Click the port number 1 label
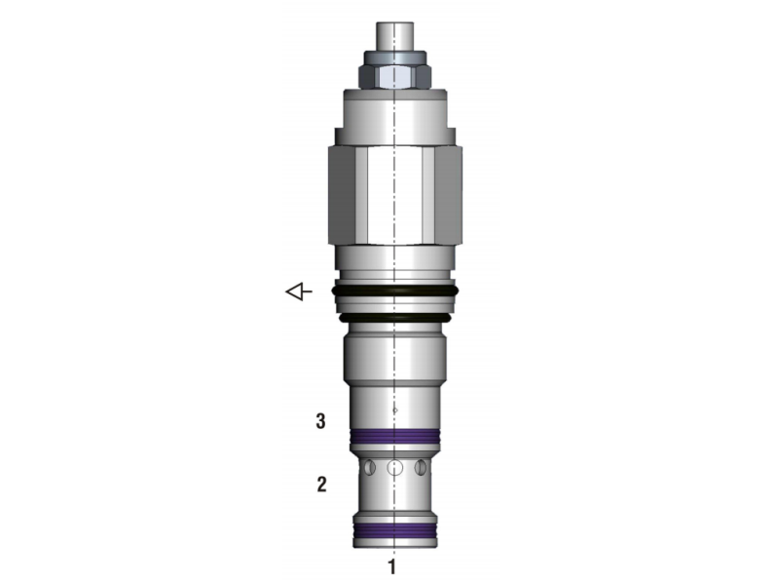pyautogui.click(x=392, y=566)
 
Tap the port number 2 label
pyautogui.click(x=322, y=484)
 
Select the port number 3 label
pyautogui.click(x=321, y=421)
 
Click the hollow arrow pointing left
pyautogui.click(x=299, y=292)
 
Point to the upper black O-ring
pyautogui.click(x=394, y=291)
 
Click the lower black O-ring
pyautogui.click(x=394, y=318)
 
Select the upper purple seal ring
pyautogui.click(x=395, y=436)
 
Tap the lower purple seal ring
pyautogui.click(x=395, y=530)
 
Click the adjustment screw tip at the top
pyautogui.click(x=395, y=36)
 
